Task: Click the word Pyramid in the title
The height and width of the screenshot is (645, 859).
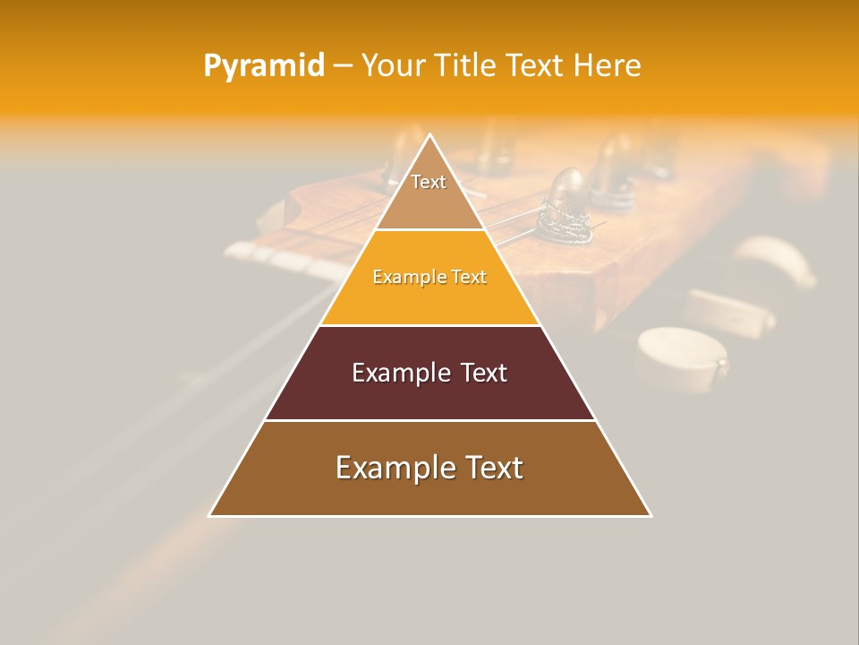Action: pyautogui.click(x=264, y=66)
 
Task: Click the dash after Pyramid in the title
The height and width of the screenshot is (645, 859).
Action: pyautogui.click(x=342, y=66)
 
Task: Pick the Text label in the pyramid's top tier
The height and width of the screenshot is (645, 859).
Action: pyautogui.click(x=429, y=182)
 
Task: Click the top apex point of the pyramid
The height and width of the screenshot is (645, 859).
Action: pyautogui.click(x=430, y=134)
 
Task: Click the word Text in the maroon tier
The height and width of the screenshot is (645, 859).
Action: pyautogui.click(x=483, y=373)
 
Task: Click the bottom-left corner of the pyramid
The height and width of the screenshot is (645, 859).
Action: pyautogui.click(x=209, y=516)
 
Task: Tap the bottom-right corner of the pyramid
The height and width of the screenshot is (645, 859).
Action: pyautogui.click(x=651, y=516)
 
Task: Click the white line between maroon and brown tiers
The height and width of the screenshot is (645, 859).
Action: pyautogui.click(x=429, y=420)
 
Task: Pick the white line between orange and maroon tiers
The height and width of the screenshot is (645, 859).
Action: pyautogui.click(x=429, y=325)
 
